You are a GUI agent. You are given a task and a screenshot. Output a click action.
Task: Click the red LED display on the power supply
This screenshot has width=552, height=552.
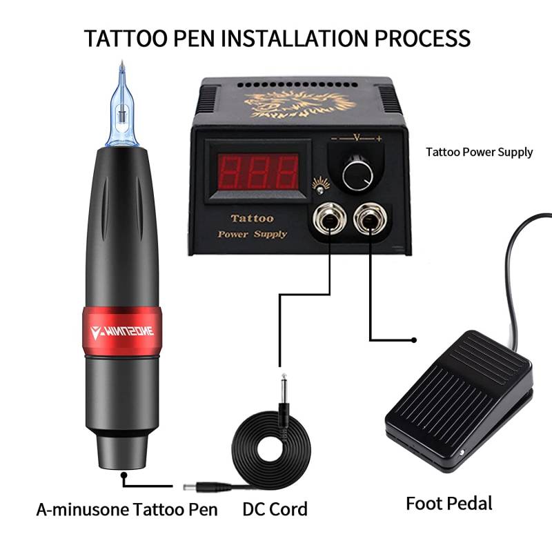click(x=257, y=171)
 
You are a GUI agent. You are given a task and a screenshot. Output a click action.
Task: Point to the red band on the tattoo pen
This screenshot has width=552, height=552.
click(x=122, y=331)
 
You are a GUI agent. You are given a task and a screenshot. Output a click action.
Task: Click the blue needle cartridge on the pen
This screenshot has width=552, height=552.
click(x=122, y=106)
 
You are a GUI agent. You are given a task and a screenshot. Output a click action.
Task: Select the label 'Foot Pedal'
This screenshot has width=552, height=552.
click(x=449, y=504)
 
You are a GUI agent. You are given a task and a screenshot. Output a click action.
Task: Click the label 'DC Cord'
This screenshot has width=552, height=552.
click(x=275, y=509)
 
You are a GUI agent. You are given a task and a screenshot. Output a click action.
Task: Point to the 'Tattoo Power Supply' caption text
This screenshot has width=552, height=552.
click(x=479, y=152)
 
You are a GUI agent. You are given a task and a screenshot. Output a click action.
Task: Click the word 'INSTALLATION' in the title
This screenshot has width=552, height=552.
click(x=295, y=38)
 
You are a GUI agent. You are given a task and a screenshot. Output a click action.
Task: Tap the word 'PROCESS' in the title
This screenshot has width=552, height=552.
click(x=422, y=38)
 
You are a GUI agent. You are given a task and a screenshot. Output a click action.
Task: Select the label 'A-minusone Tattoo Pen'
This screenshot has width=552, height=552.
click(x=127, y=509)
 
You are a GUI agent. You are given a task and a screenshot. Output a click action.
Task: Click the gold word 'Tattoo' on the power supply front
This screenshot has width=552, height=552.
click(x=252, y=218)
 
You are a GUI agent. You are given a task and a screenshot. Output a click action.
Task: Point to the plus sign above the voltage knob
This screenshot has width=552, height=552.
click(x=379, y=139)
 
